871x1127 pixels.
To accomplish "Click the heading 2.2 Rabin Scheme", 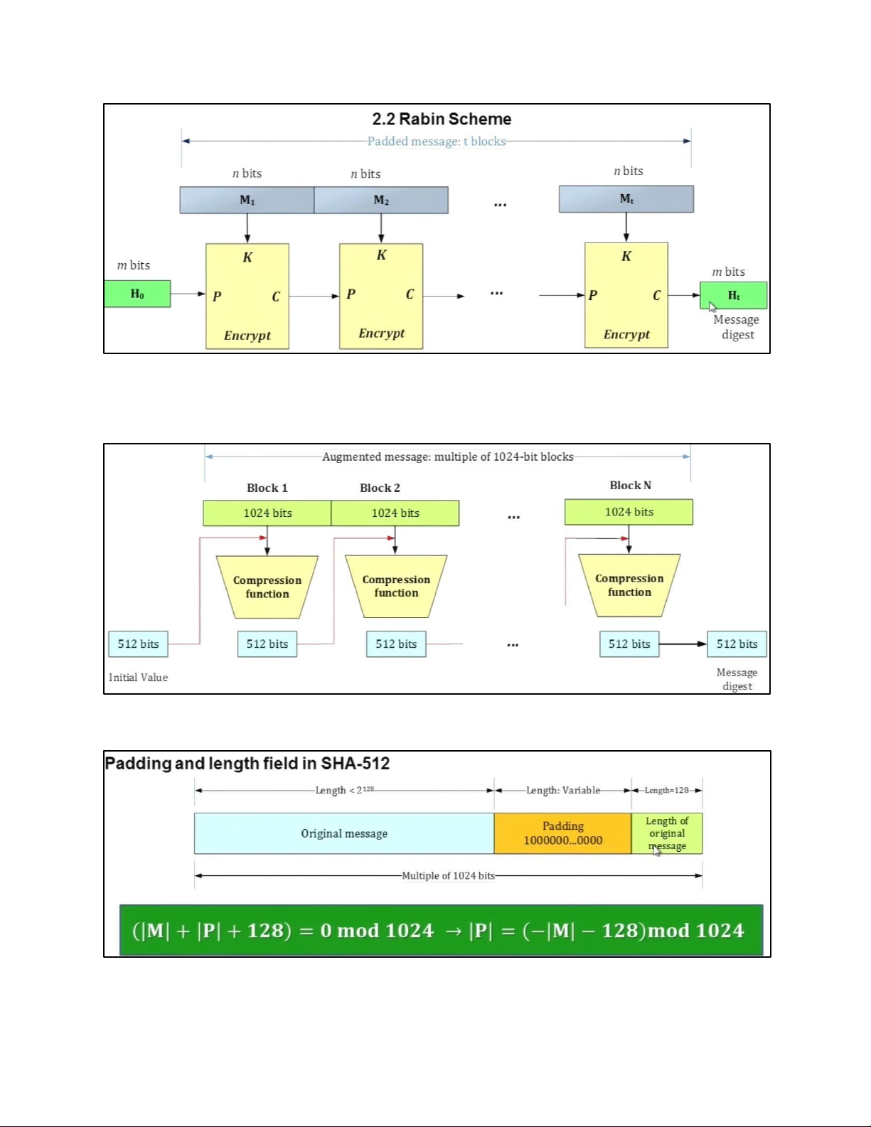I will pyautogui.click(x=442, y=119).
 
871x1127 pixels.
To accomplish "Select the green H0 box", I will pyautogui.click(x=137, y=294).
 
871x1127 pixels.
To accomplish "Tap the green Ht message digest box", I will pyautogui.click(x=733, y=295).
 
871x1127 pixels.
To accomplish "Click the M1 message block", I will pyautogui.click(x=247, y=200).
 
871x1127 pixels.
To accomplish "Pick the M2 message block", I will pyautogui.click(x=381, y=200).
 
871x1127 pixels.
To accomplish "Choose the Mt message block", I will pyautogui.click(x=626, y=199).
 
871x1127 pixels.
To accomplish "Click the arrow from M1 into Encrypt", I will pyautogui.click(x=247, y=228).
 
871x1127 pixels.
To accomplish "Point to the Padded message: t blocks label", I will pyautogui.click(x=436, y=141).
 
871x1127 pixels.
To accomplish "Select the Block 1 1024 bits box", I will pyautogui.click(x=267, y=513).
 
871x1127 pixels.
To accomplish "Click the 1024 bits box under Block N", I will pyautogui.click(x=629, y=512).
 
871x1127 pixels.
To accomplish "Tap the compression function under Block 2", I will pyautogui.click(x=396, y=587).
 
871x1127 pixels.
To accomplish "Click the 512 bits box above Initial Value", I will pyautogui.click(x=139, y=643).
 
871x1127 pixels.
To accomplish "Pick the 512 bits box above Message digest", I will pyautogui.click(x=737, y=643).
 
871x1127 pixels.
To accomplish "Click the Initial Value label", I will pyautogui.click(x=139, y=677).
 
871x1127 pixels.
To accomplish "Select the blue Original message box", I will pyautogui.click(x=344, y=833).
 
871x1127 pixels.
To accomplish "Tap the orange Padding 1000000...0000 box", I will pyautogui.click(x=562, y=833).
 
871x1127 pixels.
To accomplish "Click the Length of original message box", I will pyautogui.click(x=667, y=833).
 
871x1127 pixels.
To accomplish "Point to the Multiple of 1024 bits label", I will pyautogui.click(x=448, y=875).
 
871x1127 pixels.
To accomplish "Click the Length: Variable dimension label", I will pyautogui.click(x=562, y=790).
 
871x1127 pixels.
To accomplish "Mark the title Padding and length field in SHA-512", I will pyautogui.click(x=247, y=764).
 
